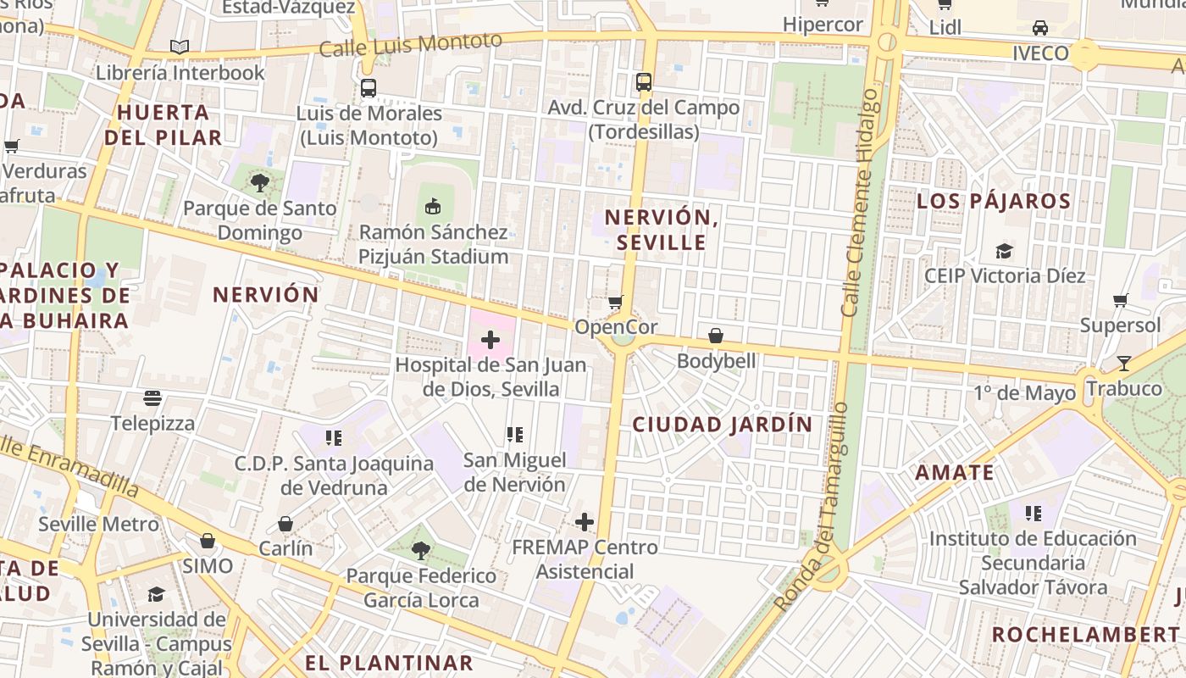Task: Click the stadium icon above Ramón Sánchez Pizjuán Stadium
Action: pyautogui.click(x=433, y=205)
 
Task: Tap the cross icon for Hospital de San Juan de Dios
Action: pyautogui.click(x=490, y=340)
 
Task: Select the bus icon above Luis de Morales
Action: pyautogui.click(x=369, y=87)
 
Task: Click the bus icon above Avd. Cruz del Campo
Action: pyautogui.click(x=644, y=82)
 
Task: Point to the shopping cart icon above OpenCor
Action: pyautogui.click(x=616, y=302)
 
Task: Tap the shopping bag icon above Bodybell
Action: pyautogui.click(x=716, y=336)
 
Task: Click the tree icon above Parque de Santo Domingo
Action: pyautogui.click(x=259, y=182)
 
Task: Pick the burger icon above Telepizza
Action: pyautogui.click(x=152, y=397)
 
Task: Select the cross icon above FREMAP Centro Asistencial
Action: pyautogui.click(x=585, y=522)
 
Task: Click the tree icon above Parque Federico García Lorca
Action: pyautogui.click(x=421, y=551)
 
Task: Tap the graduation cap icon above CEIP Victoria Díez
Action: pyautogui.click(x=1005, y=251)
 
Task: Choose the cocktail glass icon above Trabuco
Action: pyautogui.click(x=1124, y=364)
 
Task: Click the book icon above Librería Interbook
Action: pyautogui.click(x=180, y=47)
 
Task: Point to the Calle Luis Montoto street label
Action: pyautogui.click(x=411, y=43)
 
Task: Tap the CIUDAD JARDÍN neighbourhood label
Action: pyautogui.click(x=723, y=425)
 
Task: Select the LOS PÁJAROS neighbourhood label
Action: pyautogui.click(x=994, y=201)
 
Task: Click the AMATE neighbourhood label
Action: pyautogui.click(x=955, y=473)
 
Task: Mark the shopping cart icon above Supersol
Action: pyautogui.click(x=1121, y=300)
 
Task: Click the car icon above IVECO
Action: pyautogui.click(x=1040, y=28)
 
